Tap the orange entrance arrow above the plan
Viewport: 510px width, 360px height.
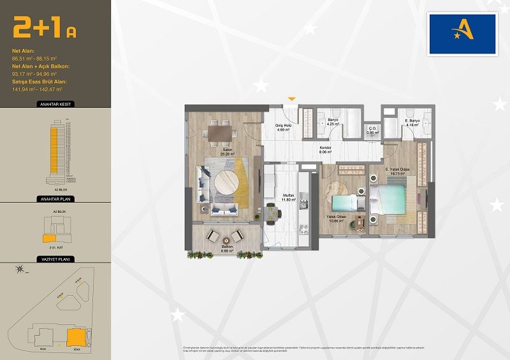pyautogui.click(x=291, y=99)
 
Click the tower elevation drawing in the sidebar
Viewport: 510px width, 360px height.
pyautogui.click(x=54, y=150)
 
